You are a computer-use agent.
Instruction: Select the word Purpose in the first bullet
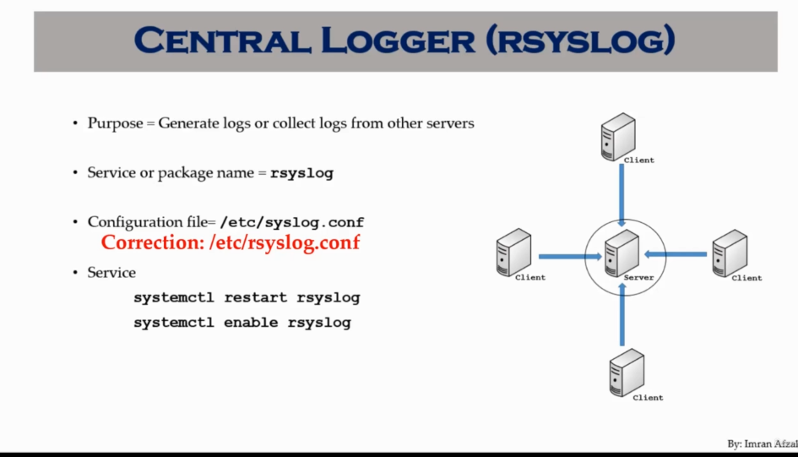pos(115,123)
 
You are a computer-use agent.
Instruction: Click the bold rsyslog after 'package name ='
pos(301,173)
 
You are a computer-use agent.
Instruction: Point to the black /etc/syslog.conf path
pos(291,222)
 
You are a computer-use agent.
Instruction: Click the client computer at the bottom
pos(627,372)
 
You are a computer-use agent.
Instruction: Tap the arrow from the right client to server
pos(675,253)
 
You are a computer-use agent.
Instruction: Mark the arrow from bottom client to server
pos(622,314)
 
